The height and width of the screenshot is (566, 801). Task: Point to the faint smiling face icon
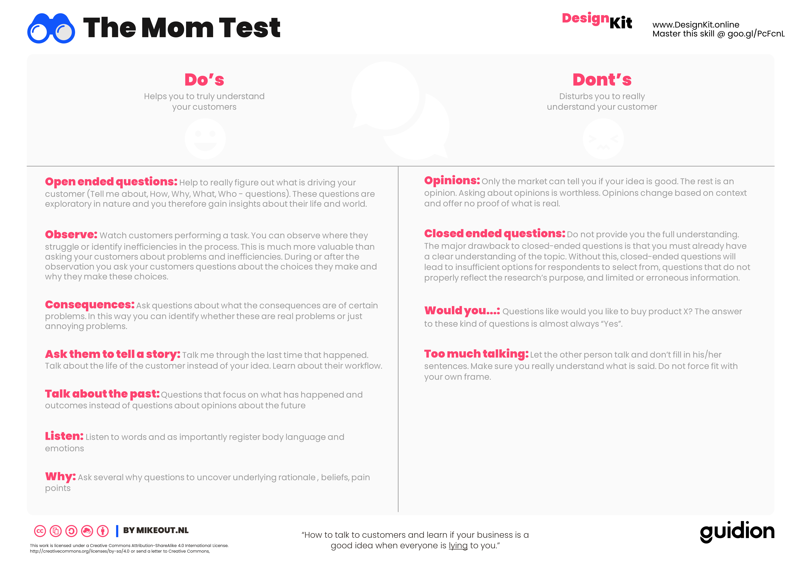point(205,139)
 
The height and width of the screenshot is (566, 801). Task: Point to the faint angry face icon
point(603,139)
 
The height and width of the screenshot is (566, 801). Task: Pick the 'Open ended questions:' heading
point(111,182)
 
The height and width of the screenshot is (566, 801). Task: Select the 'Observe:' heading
point(71,234)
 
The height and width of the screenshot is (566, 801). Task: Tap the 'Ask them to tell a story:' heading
point(112,354)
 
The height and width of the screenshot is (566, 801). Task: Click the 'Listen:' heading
point(64,436)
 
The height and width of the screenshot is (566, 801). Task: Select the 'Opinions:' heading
point(452,180)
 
